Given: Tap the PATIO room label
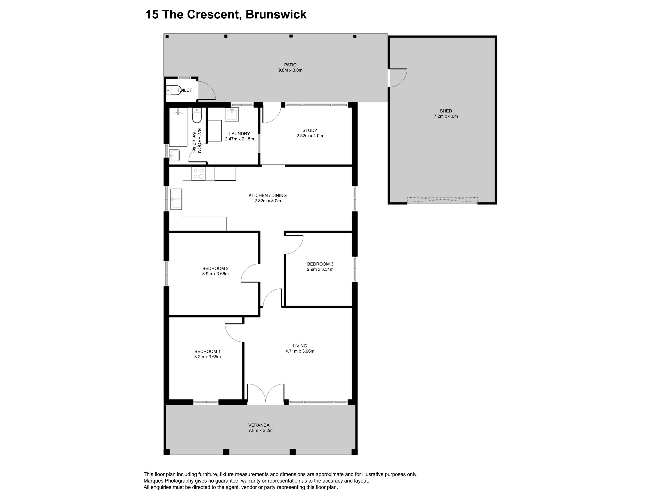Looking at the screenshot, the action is (290, 65).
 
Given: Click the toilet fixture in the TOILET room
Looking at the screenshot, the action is (174, 90).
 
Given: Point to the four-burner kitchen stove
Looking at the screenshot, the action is (198, 174).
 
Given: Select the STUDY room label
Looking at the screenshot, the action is (309, 130).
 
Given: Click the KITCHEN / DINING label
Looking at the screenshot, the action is (267, 195).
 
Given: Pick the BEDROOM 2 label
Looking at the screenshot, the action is (215, 268).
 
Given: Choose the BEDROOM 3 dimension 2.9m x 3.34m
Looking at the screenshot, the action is (320, 269).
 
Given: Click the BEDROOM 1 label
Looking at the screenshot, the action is (207, 352).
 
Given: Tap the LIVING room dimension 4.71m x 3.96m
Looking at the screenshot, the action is (300, 351).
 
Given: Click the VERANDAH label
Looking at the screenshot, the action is (260, 425).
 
